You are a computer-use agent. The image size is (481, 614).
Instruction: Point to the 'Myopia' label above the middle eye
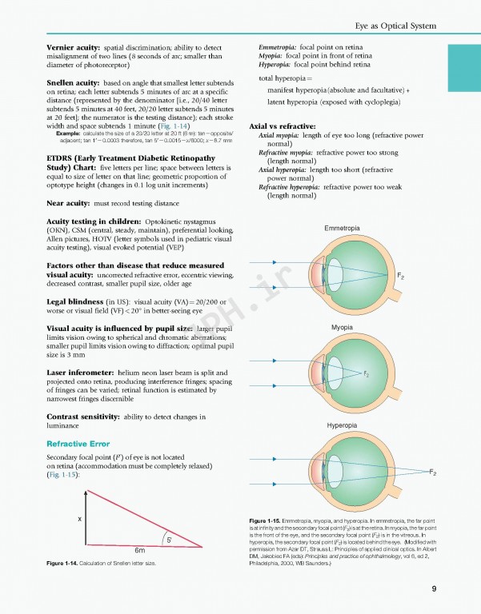coord(342,328)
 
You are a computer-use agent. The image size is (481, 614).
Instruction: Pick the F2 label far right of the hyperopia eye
coord(432,472)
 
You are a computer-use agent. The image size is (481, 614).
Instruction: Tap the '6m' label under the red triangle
coord(138,551)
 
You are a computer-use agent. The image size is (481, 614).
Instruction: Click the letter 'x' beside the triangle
coord(79,520)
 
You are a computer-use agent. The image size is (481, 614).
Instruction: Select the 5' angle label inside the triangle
coord(169,540)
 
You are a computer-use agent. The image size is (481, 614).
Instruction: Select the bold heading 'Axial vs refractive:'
coord(293,126)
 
